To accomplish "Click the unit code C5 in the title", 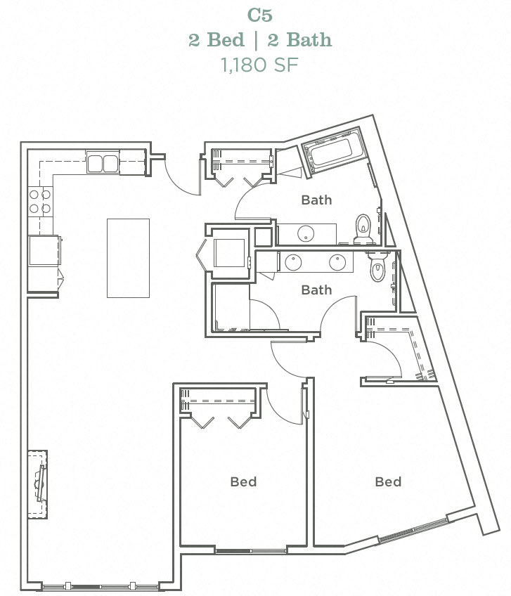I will pyautogui.click(x=259, y=15).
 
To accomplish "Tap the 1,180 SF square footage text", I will pyautogui.click(x=259, y=65).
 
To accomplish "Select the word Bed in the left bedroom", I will pyautogui.click(x=243, y=481).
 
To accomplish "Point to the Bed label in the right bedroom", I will pyautogui.click(x=387, y=481).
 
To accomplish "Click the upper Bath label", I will pyautogui.click(x=316, y=200).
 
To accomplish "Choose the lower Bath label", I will pyautogui.click(x=316, y=289).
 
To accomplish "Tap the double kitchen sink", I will pyautogui.click(x=103, y=164).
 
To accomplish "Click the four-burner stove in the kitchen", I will pyautogui.click(x=39, y=202).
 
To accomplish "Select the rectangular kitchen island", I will pyautogui.click(x=128, y=257).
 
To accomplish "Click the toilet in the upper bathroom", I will pyautogui.click(x=363, y=228).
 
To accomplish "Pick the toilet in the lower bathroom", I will pyautogui.click(x=377, y=266).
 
